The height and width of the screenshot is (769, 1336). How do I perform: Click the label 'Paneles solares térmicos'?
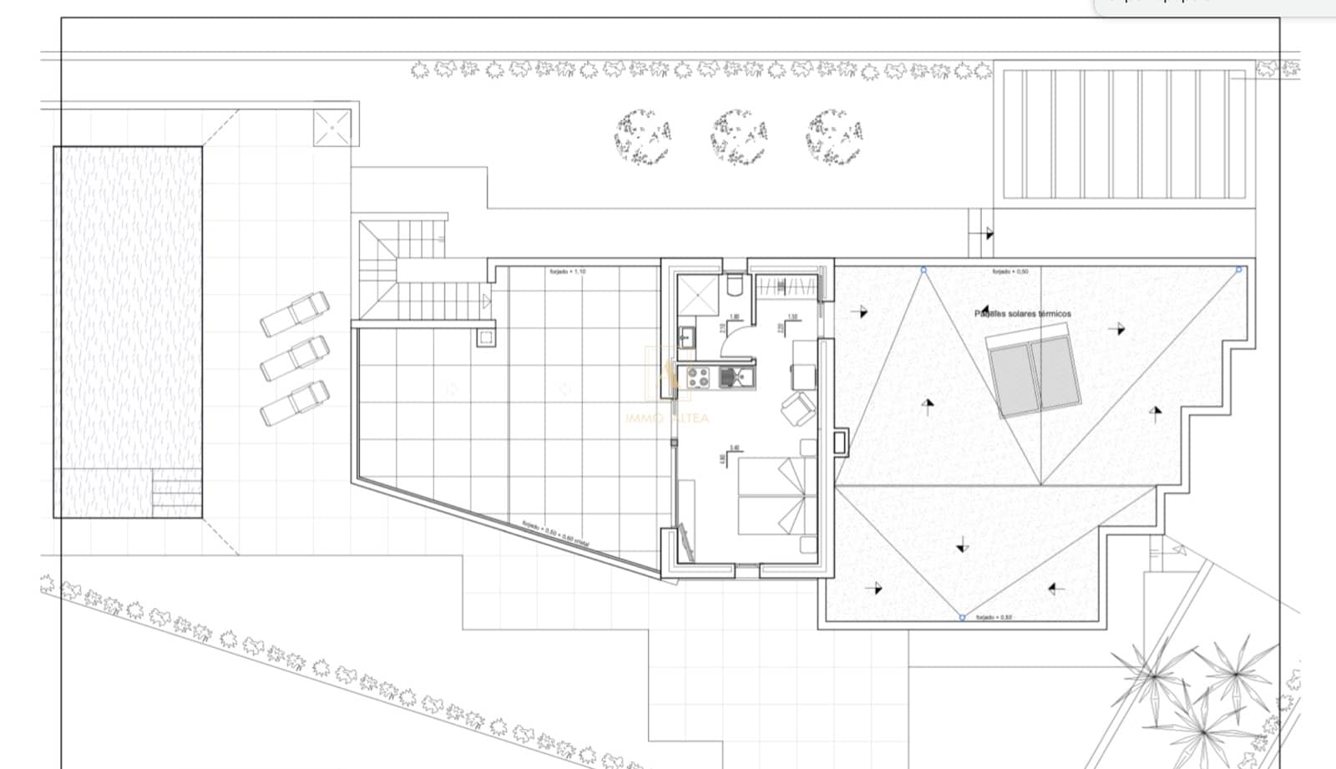1022,314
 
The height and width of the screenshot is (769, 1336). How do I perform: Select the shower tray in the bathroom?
698,294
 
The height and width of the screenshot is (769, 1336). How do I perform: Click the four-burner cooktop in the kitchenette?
697,378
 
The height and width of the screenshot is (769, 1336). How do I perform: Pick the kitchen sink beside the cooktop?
735,379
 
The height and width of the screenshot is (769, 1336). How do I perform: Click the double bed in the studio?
772,496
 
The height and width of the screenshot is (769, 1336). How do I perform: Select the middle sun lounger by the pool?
294,358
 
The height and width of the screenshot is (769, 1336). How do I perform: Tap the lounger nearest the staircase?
294,314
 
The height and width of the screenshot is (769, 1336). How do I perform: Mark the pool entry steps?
176,493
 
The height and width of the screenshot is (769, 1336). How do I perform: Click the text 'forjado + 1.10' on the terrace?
567,272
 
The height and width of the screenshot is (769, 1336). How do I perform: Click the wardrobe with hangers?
787,286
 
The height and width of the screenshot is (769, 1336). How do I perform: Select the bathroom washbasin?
687,337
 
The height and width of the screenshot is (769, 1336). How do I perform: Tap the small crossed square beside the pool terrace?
331,127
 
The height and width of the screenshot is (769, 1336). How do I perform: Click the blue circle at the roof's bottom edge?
962,617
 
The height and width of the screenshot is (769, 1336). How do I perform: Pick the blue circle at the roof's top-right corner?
1238,269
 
